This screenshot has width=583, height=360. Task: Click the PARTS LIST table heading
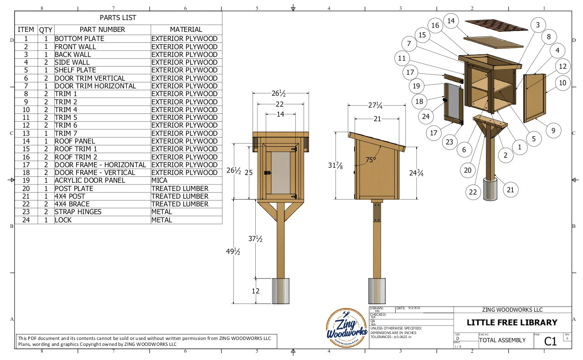click(x=118, y=18)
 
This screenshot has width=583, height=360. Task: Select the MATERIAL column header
click(x=186, y=29)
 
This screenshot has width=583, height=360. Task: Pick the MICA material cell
click(x=159, y=180)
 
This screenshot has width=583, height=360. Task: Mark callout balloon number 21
click(x=511, y=189)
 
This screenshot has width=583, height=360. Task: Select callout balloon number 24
click(x=425, y=116)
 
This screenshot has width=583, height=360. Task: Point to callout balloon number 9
click(x=553, y=131)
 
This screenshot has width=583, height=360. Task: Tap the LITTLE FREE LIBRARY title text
click(x=511, y=323)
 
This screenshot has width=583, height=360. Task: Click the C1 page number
click(x=551, y=341)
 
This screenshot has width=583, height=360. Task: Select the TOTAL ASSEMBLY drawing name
click(x=502, y=340)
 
